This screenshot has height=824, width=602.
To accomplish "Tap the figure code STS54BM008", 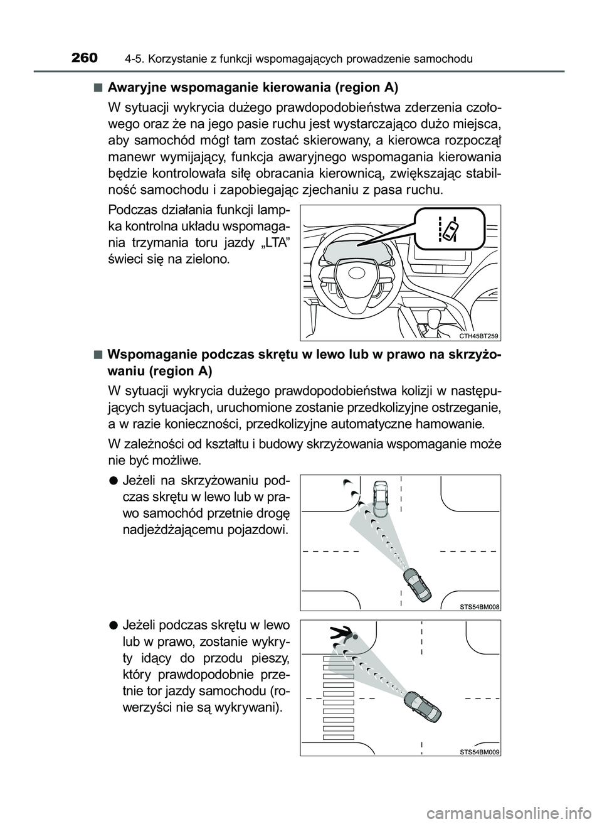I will [x=478, y=606].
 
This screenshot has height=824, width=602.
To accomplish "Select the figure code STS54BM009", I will [x=478, y=751].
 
